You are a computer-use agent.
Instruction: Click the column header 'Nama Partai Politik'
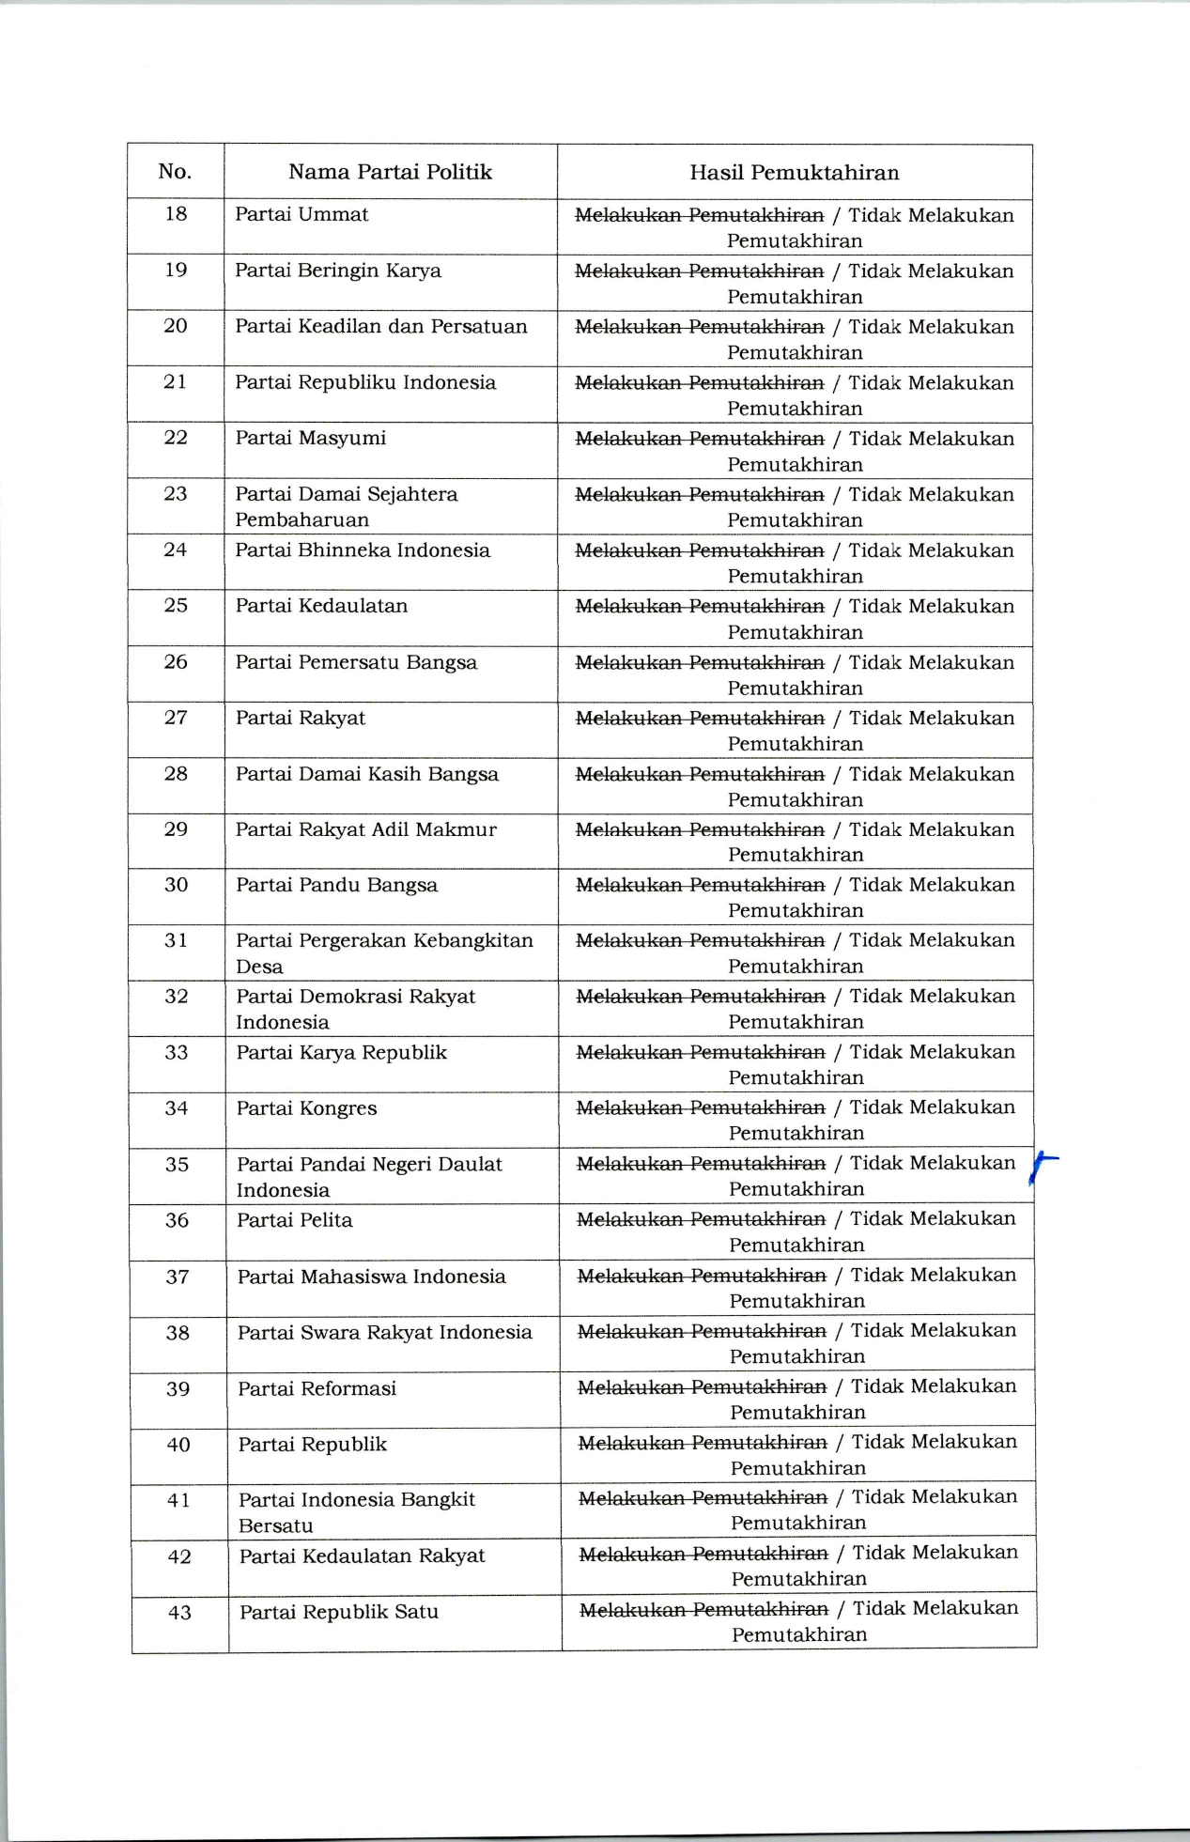click(390, 172)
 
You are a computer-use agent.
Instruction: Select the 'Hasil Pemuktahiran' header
click(794, 173)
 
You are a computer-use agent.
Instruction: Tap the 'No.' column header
click(175, 171)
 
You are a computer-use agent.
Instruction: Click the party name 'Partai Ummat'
click(301, 214)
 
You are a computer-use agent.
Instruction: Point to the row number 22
click(176, 438)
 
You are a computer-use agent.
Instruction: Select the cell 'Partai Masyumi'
click(310, 439)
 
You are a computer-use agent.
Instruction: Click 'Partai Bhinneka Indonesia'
click(363, 550)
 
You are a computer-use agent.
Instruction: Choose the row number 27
click(176, 718)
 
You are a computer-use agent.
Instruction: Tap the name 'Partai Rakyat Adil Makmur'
click(365, 829)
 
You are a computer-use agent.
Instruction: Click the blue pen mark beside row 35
click(1041, 1169)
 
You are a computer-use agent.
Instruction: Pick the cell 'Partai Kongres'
click(306, 1108)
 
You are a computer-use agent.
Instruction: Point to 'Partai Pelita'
click(295, 1220)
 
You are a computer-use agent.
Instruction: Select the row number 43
click(179, 1613)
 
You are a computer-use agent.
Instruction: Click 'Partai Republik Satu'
click(339, 1612)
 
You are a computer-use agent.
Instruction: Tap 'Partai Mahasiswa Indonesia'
click(371, 1277)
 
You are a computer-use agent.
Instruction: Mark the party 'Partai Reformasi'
click(317, 1388)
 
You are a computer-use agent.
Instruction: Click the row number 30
click(177, 885)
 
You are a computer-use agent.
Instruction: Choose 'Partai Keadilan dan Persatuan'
click(381, 327)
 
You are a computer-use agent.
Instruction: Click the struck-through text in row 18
click(699, 215)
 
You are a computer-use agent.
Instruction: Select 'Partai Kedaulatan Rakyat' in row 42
click(362, 1556)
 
